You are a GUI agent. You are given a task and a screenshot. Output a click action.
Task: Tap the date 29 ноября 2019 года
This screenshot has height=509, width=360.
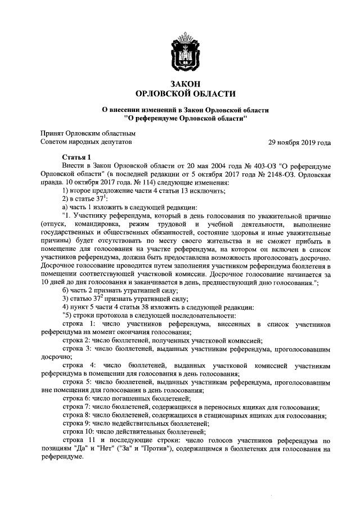(299, 143)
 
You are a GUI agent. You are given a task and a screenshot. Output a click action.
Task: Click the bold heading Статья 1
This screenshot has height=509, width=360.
(76, 157)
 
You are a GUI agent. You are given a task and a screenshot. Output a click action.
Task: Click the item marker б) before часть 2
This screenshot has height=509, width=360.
(66, 290)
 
